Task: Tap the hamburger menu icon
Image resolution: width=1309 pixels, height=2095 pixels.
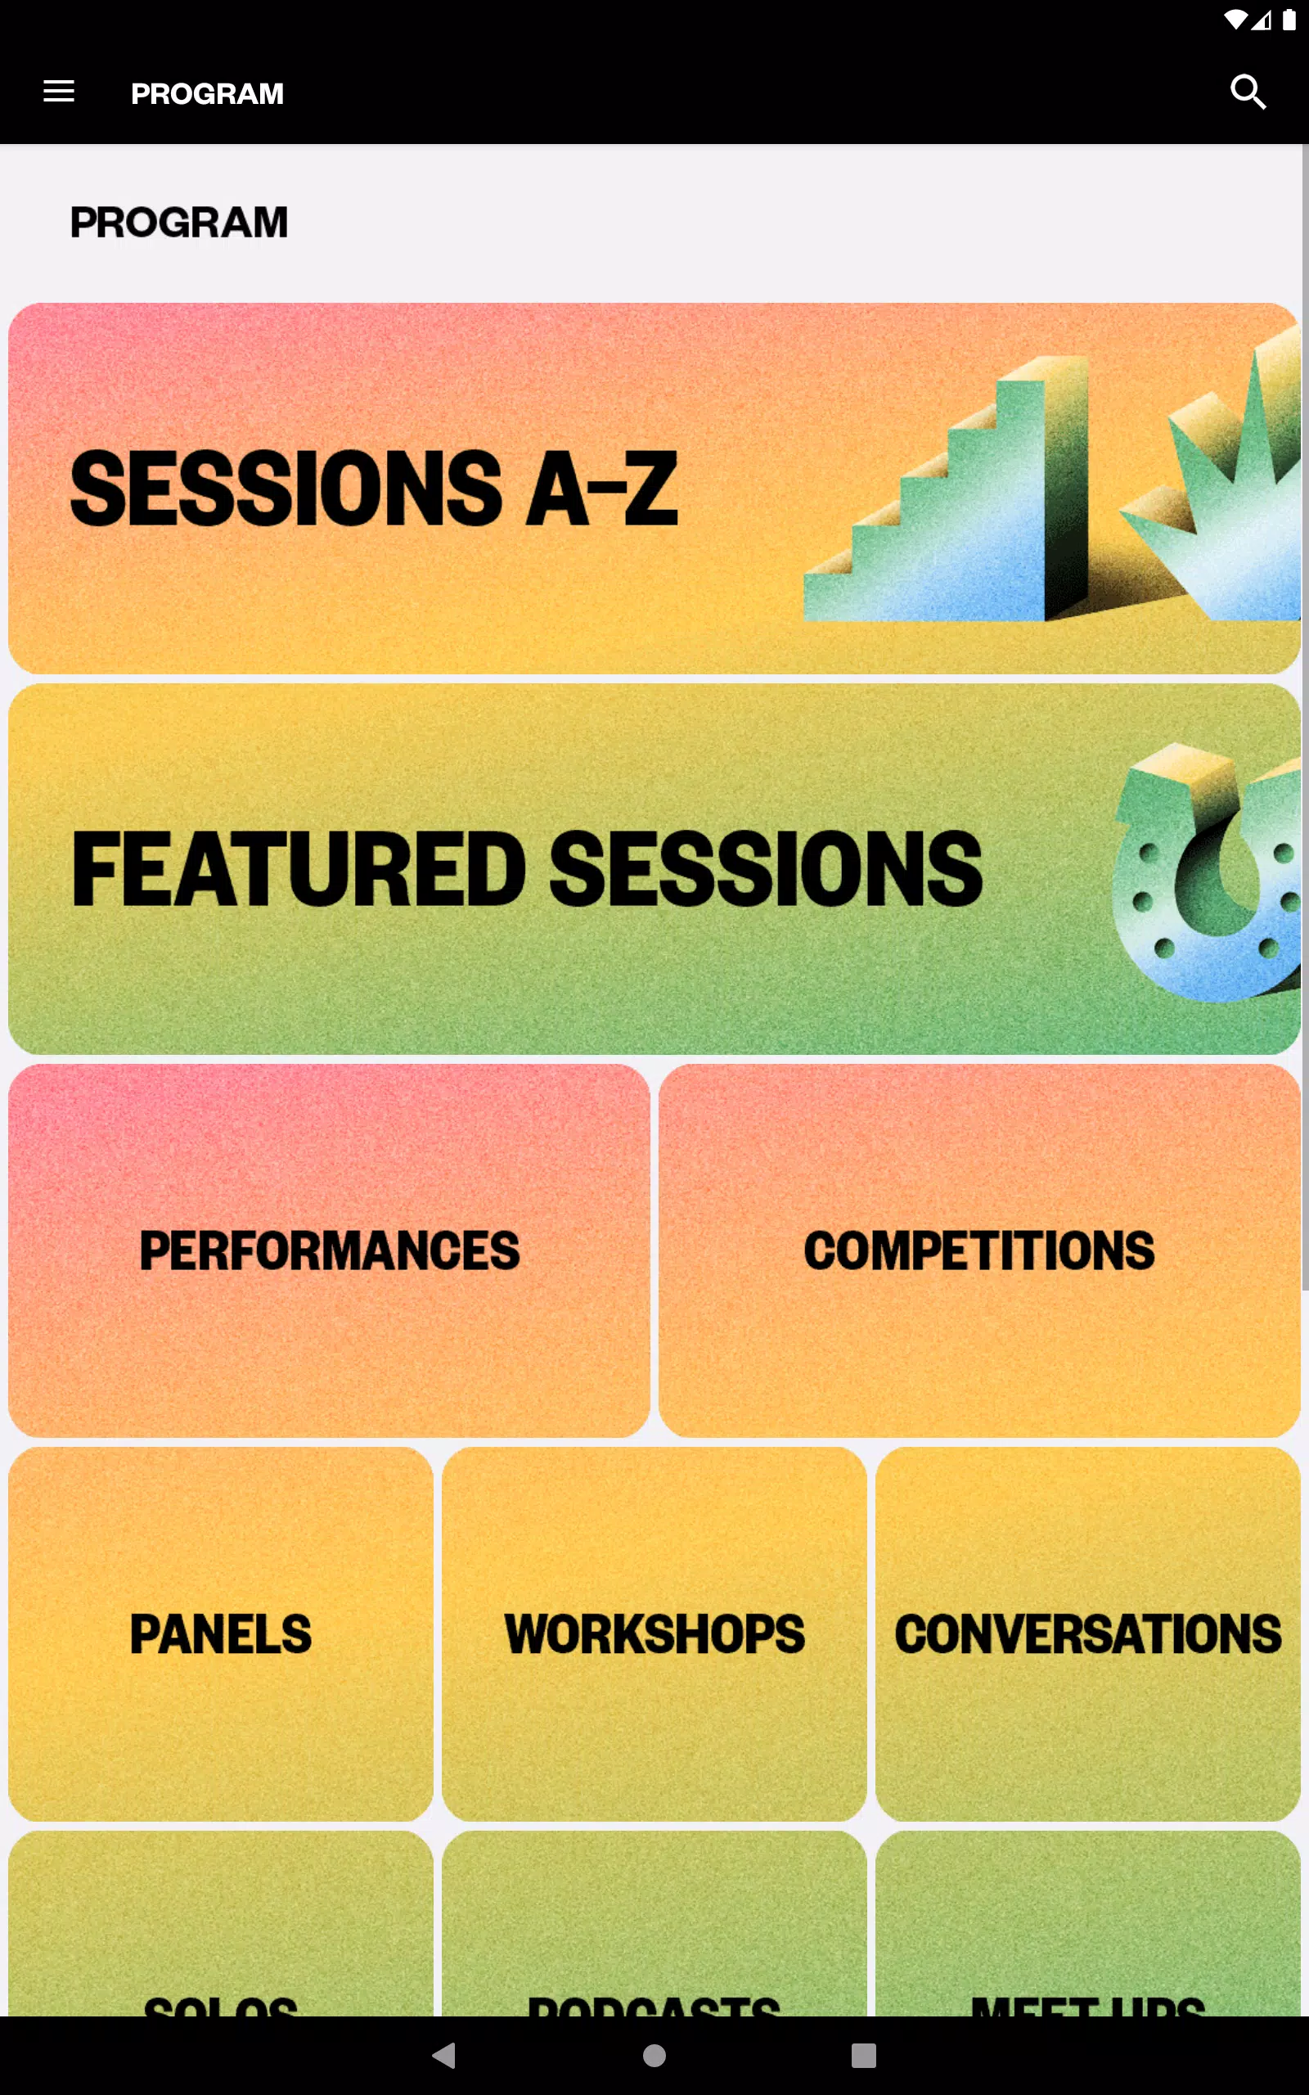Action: point(59,92)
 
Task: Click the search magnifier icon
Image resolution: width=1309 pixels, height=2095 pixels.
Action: point(1248,92)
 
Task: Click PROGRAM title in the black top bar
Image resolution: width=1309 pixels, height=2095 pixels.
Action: point(207,93)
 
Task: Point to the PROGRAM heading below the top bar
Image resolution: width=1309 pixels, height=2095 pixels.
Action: point(179,223)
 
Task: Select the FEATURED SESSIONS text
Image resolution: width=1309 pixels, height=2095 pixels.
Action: point(526,869)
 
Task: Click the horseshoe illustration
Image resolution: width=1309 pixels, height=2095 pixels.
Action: point(1208,874)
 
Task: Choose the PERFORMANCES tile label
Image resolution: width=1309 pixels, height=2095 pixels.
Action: point(329,1250)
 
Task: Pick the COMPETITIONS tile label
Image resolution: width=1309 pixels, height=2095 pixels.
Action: point(979,1250)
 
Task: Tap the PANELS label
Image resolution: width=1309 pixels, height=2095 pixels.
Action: point(221,1633)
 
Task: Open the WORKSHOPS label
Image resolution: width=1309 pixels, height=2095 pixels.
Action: point(654,1633)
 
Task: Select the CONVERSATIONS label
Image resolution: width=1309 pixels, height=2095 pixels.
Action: point(1088,1633)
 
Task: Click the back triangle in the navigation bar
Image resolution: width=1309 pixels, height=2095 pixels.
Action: point(444,2055)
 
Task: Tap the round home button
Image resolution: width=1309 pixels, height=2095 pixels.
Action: point(654,2055)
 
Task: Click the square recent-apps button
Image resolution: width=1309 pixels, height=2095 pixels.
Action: point(863,2055)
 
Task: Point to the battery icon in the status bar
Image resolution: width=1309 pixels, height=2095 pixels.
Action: point(1289,20)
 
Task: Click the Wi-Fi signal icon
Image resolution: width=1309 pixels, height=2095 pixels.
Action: point(1235,20)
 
